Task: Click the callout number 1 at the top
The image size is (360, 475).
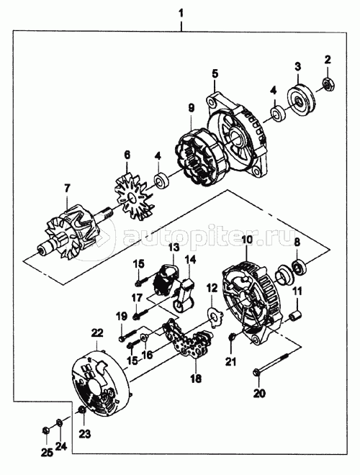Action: coord(181,14)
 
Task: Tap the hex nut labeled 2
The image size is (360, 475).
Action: coord(328,84)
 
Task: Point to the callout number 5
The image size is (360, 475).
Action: coord(215,74)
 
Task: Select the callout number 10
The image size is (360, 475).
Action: coord(247,240)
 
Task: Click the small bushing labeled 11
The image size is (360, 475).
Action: coord(295,316)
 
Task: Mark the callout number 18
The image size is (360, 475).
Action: coord(197,379)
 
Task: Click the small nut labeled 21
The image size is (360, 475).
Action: coord(233,336)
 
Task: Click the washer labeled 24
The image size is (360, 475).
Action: coord(59,422)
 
